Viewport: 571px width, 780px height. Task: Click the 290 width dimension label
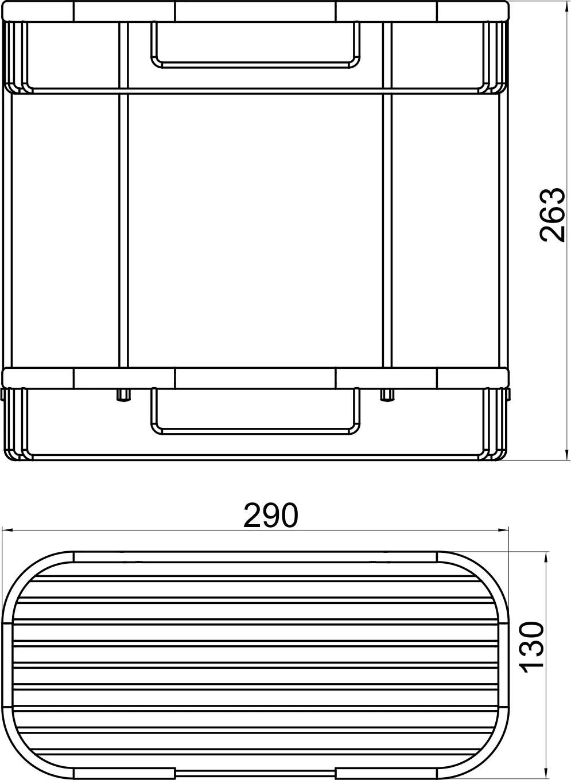pyautogui.click(x=271, y=516)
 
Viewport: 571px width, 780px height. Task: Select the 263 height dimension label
pyautogui.click(x=553, y=215)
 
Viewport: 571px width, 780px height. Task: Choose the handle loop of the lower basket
pyautogui.click(x=256, y=427)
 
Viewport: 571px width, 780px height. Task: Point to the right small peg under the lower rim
pyautogui.click(x=387, y=395)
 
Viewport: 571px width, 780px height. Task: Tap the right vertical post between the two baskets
pyautogui.click(x=387, y=229)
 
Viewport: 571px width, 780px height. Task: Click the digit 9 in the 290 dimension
pyautogui.click(x=271, y=516)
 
